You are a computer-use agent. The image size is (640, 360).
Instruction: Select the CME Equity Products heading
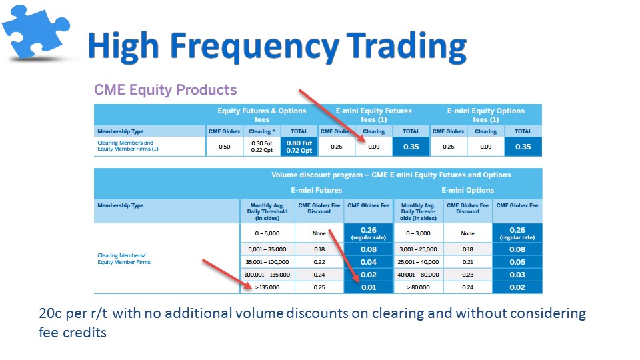[x=165, y=89]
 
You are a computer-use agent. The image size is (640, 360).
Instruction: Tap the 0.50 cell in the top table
[x=225, y=147]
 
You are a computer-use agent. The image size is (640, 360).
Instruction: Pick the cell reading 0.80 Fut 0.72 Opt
[x=299, y=147]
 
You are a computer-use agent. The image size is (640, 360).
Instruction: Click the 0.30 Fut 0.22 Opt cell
[x=261, y=147]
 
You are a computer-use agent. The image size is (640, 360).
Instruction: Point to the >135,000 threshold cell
[x=267, y=287]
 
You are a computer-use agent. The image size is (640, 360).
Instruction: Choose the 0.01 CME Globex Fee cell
[x=369, y=287]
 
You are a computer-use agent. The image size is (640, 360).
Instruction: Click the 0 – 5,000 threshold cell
[x=267, y=233]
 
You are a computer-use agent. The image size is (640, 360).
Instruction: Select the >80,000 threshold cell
[x=418, y=287]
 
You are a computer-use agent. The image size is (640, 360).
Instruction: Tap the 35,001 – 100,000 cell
[x=267, y=262]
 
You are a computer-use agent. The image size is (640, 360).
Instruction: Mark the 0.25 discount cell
[x=319, y=287]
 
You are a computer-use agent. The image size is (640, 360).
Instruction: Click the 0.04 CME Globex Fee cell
[x=369, y=262]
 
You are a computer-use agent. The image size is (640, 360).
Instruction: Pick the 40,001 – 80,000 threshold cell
[x=418, y=275]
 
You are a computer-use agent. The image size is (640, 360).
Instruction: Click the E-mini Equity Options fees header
[x=486, y=115]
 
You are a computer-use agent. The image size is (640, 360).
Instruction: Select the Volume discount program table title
[x=391, y=175]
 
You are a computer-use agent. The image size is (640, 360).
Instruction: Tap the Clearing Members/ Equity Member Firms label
[x=124, y=259]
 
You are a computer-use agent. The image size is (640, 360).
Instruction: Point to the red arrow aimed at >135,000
[x=227, y=274]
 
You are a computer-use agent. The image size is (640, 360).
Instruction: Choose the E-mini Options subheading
[x=468, y=190]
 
